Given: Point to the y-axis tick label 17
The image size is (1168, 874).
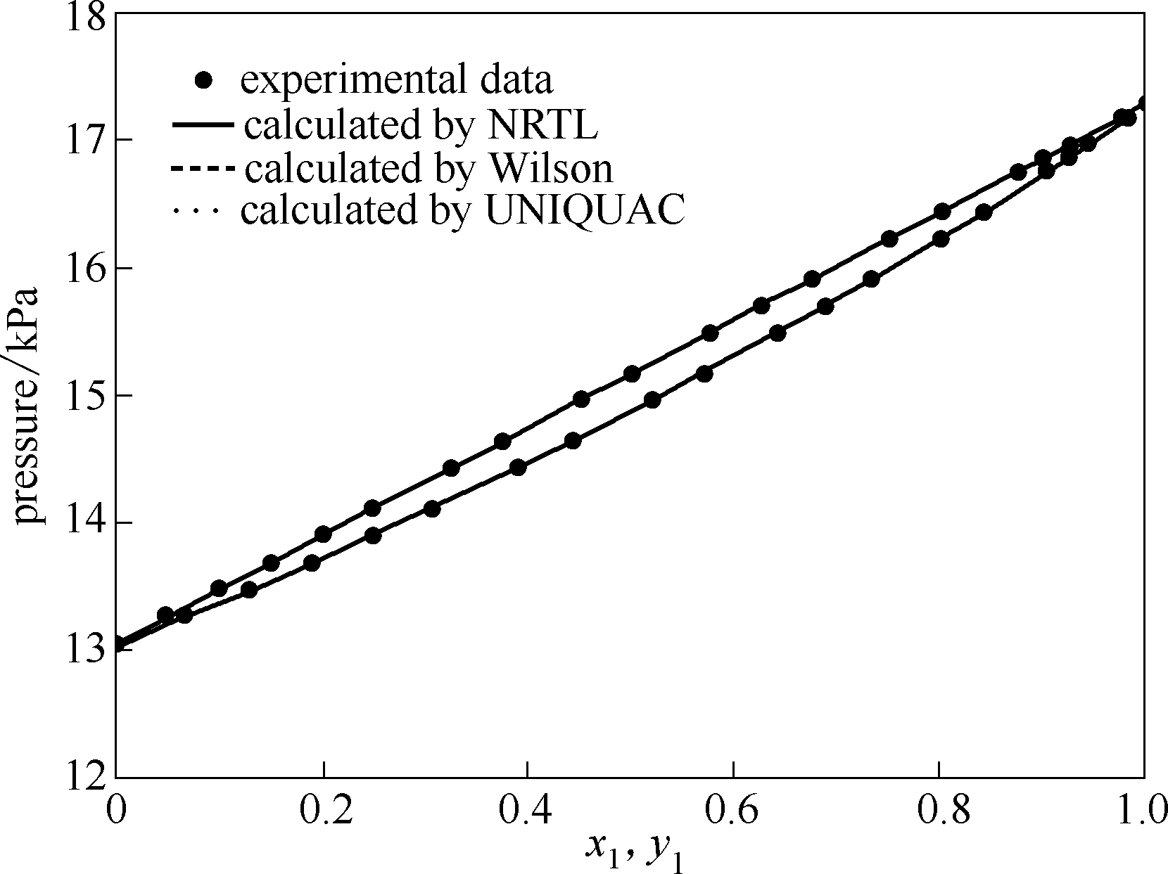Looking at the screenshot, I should coord(84,141).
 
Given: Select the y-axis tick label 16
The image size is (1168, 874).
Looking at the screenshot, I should coord(84,269).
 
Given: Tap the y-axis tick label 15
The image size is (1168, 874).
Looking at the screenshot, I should coord(84,396).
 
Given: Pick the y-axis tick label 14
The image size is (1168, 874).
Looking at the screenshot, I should coord(84,523).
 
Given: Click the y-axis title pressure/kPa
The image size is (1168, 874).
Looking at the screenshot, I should coord(28,406).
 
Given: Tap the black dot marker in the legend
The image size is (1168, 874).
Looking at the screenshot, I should coord(204,81).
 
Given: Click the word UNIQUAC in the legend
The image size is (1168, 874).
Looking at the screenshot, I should coord(585,210).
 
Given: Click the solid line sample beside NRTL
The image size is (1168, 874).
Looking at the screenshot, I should coord(202,125).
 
